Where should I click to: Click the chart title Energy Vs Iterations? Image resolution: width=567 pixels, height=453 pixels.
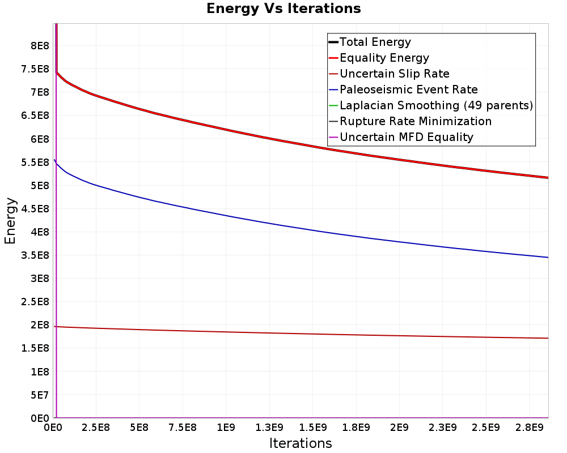click(283, 8)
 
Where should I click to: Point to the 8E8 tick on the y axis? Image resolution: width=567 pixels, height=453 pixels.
click(40, 45)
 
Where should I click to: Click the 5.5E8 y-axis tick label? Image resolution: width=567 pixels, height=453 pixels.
click(35, 162)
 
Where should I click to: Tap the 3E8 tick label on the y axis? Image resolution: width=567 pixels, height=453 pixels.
click(40, 279)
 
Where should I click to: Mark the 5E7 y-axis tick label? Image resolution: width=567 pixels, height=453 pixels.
click(40, 395)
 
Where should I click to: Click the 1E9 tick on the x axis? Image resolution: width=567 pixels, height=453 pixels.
click(226, 428)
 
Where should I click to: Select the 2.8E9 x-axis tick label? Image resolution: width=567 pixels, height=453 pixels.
click(530, 428)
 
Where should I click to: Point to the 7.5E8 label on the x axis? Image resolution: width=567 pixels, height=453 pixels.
click(183, 428)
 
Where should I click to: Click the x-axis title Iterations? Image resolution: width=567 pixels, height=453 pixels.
click(301, 443)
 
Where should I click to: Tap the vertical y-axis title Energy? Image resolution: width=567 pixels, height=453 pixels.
click(10, 221)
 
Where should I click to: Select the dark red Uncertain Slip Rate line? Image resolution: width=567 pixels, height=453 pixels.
click(301, 333)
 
